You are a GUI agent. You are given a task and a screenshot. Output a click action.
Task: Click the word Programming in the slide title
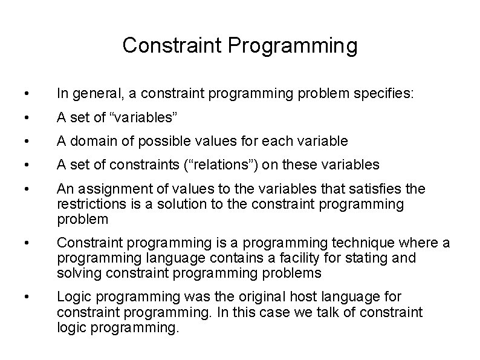point(294,45)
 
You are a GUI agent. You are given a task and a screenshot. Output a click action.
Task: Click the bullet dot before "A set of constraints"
point(22,165)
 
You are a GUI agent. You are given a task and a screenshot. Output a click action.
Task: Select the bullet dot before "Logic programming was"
point(22,297)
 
